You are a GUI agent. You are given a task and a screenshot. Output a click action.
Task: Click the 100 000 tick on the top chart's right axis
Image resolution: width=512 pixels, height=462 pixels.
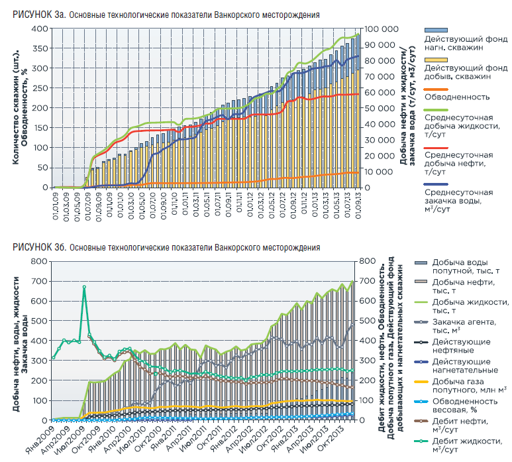pos(381,29)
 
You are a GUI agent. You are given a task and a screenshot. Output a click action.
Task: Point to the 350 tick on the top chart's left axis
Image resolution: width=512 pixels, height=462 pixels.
pos(40,48)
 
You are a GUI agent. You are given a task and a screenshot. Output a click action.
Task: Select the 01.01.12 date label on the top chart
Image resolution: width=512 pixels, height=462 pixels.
pos(250,205)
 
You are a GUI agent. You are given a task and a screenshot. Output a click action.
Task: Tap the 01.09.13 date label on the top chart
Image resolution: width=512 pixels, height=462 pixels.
pos(358,205)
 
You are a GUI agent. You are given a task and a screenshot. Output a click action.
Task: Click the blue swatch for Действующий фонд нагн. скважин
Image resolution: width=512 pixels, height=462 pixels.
pos(436,30)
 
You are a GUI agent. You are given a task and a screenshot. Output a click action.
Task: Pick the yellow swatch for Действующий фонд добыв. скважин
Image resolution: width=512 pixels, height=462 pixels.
pos(436,60)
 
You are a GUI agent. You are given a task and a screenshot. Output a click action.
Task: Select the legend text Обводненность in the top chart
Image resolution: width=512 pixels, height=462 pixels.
pos(457,97)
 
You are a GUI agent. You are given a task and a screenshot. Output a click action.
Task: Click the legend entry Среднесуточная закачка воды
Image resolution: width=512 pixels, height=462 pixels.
pos(458,201)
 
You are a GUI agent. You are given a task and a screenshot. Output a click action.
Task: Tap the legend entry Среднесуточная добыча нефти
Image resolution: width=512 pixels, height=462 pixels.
pos(458,163)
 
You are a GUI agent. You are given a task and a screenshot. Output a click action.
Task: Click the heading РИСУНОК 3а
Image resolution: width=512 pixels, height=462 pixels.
pos(40,15)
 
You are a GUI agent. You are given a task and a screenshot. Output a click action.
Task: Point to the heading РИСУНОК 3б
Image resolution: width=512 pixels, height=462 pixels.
pos(40,247)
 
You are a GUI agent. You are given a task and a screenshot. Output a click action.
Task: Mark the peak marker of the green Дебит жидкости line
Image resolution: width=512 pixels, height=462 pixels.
pos(84,287)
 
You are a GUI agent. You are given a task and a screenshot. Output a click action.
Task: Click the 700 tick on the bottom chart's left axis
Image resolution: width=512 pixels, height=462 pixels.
pos(39,281)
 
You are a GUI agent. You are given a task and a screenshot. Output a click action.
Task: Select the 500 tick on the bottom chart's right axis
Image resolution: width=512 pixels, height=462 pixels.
pos(368,321)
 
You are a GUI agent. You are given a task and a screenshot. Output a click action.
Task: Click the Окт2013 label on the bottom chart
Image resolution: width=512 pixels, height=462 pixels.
pos(329,438)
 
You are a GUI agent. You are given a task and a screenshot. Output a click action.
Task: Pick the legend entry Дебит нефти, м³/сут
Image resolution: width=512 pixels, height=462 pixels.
pos(460,426)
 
